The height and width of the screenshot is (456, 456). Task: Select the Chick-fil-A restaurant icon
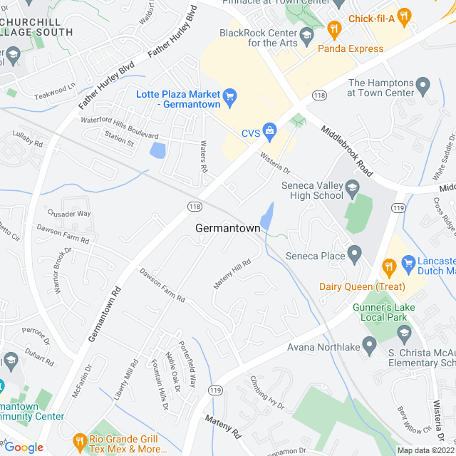pos(404,15)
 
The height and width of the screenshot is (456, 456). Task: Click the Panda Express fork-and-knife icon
pos(334,29)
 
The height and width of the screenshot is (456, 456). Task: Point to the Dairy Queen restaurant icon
pos(388,267)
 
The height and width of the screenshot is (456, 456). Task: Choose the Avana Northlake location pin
pos(369,347)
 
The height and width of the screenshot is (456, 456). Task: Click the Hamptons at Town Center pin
pos(424,87)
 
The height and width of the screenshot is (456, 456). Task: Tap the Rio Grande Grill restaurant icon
pos(79,442)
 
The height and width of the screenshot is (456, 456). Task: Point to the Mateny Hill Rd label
pos(233,274)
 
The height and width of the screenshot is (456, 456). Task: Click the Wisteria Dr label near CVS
pos(276,164)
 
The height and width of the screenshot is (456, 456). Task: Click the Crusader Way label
pos(69,213)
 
